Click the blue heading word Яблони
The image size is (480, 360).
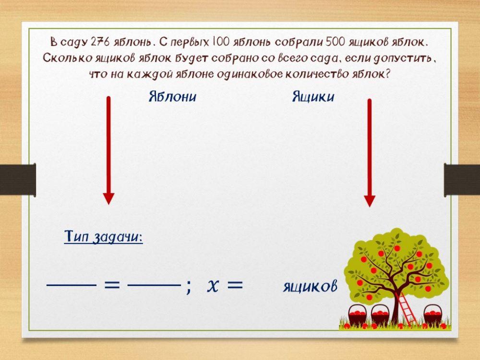click(x=172, y=97)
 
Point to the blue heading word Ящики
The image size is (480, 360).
click(x=313, y=97)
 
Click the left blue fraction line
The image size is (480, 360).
click(x=72, y=285)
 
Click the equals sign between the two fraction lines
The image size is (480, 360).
click(x=112, y=285)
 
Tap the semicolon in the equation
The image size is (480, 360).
click(x=188, y=287)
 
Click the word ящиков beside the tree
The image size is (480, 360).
click(x=310, y=287)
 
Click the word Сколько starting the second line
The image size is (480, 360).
click(x=65, y=59)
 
